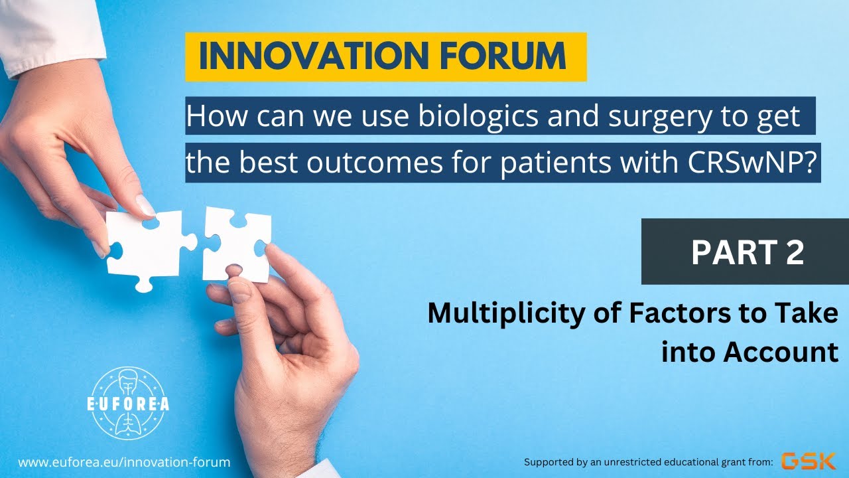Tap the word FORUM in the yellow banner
pyautogui.click(x=511, y=57)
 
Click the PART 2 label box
pyautogui.click(x=745, y=252)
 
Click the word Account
pyautogui.click(x=781, y=352)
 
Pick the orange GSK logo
pyautogui.click(x=808, y=461)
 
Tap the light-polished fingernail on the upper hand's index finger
pyautogui.click(x=145, y=205)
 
